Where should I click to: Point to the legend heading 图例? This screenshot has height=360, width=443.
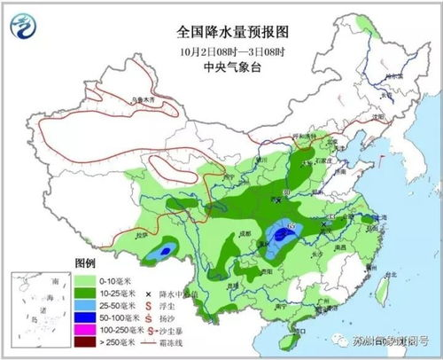tap(86, 264)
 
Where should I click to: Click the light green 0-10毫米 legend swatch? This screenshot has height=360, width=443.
tap(86, 278)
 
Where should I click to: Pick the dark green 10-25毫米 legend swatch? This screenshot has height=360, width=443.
tap(86, 290)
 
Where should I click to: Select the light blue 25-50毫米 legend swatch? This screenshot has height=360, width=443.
tap(86, 302)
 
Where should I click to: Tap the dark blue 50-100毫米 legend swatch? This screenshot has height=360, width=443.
tap(86, 315)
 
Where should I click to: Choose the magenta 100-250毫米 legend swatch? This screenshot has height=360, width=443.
tap(86, 327)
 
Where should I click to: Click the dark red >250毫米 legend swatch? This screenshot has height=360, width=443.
tap(86, 340)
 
